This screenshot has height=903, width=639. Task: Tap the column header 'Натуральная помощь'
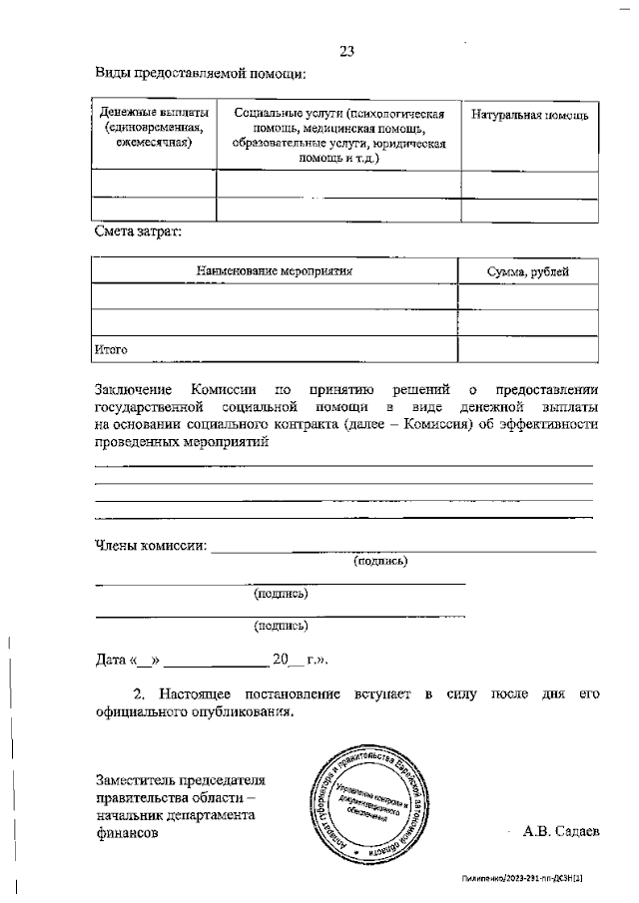point(529,115)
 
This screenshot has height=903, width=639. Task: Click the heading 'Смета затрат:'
point(138,232)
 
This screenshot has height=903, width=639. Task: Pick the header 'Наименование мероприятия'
point(275,270)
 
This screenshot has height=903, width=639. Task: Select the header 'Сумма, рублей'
point(528,271)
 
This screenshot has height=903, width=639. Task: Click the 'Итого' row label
point(111,349)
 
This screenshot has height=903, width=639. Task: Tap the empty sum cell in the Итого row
point(528,349)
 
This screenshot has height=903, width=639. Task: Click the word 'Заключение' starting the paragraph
point(135,388)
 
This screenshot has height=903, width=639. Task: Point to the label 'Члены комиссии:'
point(150,546)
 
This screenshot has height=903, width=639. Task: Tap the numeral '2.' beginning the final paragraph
point(140,692)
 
